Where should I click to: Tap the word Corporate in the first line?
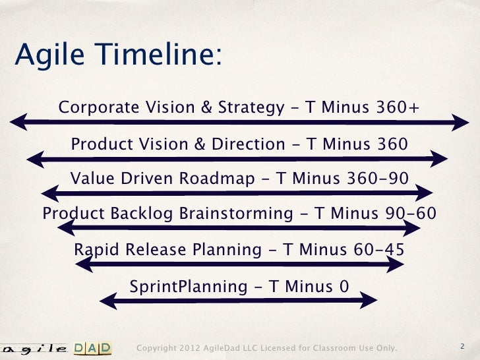pyautogui.click(x=95, y=107)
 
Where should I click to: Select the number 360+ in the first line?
pyautogui.click(x=394, y=107)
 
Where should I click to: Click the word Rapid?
pyautogui.click(x=95, y=250)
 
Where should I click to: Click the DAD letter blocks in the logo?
pyautogui.click(x=92, y=347)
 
